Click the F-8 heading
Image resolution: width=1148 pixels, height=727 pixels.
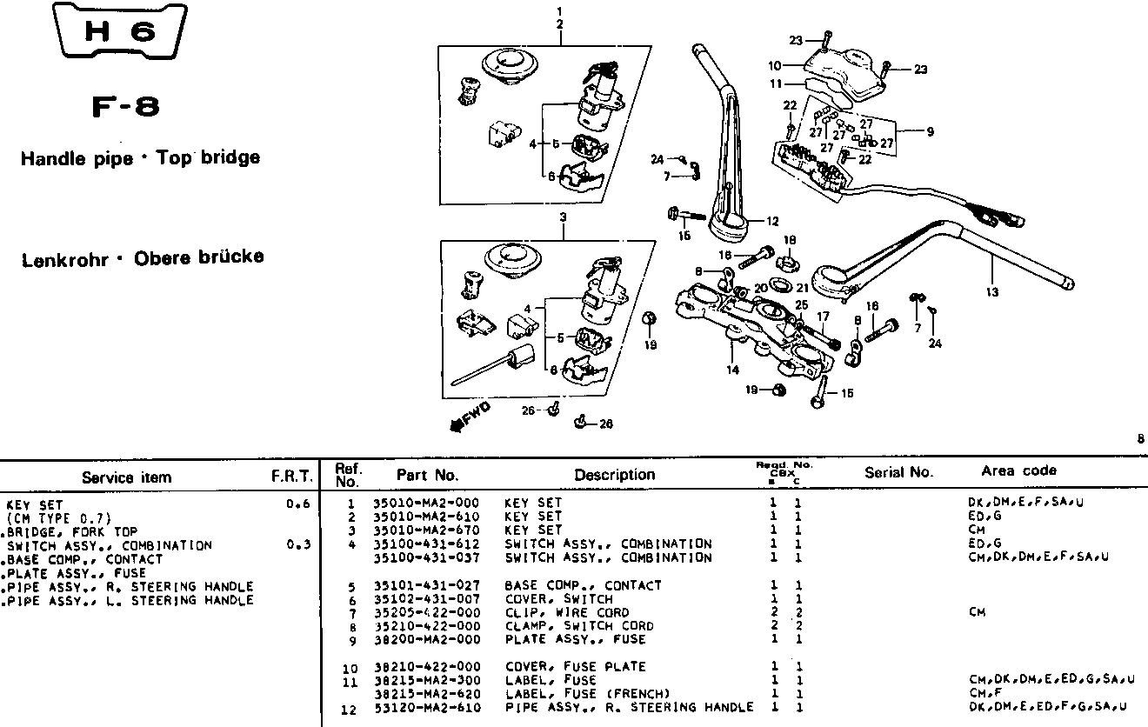point(125,108)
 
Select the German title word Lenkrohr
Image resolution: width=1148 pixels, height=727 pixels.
point(64,258)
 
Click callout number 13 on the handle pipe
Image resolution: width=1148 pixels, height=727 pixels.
point(991,292)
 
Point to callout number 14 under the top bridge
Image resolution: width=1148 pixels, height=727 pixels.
point(733,370)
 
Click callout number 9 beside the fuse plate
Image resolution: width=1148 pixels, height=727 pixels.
point(930,132)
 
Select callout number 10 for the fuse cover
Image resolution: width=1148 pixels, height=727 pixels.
point(775,65)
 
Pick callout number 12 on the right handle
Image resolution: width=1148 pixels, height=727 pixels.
point(771,221)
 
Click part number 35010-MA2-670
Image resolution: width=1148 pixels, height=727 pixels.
point(425,530)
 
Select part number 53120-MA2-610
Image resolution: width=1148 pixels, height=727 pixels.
point(425,707)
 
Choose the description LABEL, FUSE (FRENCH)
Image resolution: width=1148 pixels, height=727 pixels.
point(587,694)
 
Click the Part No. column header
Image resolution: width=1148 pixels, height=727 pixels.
point(427,475)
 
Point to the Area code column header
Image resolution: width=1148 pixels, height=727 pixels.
point(1018,470)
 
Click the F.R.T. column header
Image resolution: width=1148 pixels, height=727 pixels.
point(291,477)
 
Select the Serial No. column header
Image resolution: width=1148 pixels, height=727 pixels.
point(898,472)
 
